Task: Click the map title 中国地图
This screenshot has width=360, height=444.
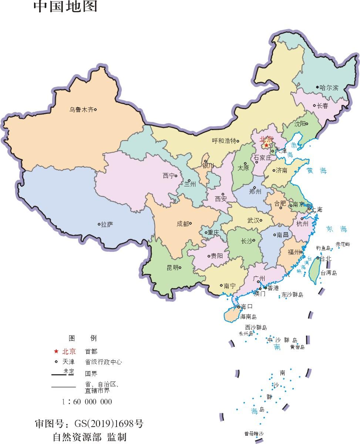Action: pyautogui.click(x=65, y=7)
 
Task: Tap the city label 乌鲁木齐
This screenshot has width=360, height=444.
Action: pyautogui.click(x=81, y=109)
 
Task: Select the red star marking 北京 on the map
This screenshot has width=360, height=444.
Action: pyautogui.click(x=266, y=145)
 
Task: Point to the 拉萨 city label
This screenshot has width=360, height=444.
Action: pyautogui.click(x=107, y=224)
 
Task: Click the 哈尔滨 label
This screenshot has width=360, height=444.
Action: pyautogui.click(x=329, y=88)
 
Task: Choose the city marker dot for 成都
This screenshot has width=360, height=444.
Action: pyautogui.click(x=191, y=223)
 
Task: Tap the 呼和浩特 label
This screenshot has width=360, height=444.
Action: pyautogui.click(x=223, y=141)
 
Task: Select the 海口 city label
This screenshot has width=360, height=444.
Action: pyautogui.click(x=247, y=306)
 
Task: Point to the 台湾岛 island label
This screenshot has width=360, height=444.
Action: pyautogui.click(x=329, y=273)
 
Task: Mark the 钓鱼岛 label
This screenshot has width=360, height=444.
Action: pyautogui.click(x=323, y=248)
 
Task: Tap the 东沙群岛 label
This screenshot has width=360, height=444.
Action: pyautogui.click(x=292, y=295)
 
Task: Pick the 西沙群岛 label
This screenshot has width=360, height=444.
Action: pyautogui.click(x=256, y=327)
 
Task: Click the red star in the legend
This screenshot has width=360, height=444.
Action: pyautogui.click(x=56, y=351)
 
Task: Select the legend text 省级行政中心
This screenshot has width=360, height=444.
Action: pyautogui.click(x=103, y=362)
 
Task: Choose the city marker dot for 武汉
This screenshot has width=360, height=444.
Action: pyautogui.click(x=261, y=220)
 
